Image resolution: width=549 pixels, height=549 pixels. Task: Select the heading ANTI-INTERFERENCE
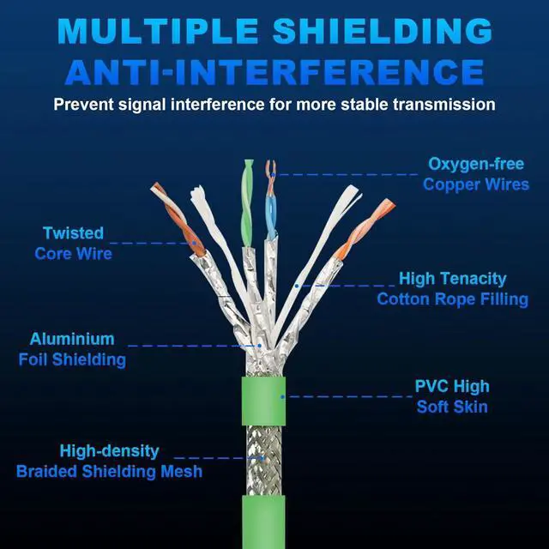point(274,72)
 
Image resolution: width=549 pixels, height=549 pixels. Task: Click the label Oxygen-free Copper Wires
point(475,174)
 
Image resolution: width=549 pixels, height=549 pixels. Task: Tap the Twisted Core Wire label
point(74,243)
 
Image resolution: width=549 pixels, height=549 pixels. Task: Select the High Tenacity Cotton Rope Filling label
point(452,289)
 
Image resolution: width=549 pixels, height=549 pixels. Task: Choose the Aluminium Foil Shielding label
point(72,349)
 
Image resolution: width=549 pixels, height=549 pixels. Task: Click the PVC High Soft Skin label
point(452,395)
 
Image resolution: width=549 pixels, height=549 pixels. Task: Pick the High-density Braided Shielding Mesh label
point(109,462)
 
